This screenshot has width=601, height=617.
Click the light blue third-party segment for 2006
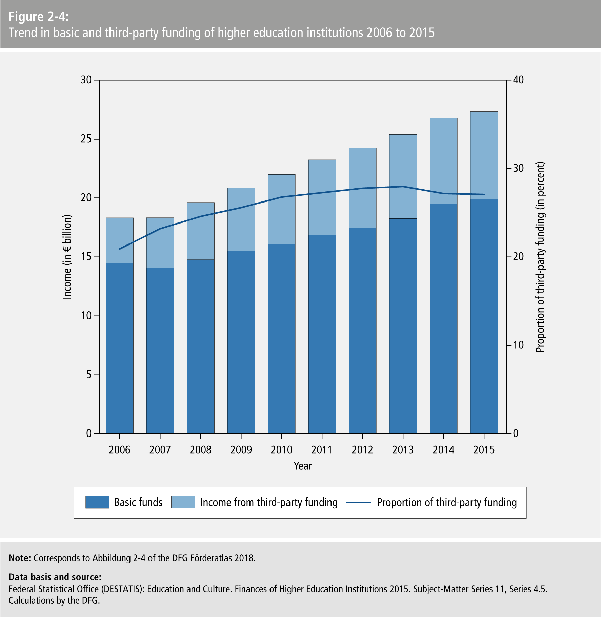(120, 240)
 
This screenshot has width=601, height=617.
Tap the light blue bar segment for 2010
(281, 209)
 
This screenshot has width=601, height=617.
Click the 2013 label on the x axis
(403, 450)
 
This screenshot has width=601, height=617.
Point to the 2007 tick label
(160, 450)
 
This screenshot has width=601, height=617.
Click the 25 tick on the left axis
(86, 139)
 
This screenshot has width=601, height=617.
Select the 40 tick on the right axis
(518, 80)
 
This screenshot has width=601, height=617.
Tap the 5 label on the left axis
(89, 375)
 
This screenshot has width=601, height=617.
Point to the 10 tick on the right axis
(518, 345)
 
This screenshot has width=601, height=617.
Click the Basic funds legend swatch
(97, 502)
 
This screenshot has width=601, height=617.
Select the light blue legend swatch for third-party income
(183, 502)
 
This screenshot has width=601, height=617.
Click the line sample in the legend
(358, 503)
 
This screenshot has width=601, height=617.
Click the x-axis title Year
(303, 466)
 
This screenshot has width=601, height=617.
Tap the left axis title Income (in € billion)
(67, 257)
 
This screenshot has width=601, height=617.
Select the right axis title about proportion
(540, 257)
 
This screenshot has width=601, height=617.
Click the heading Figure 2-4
(39, 17)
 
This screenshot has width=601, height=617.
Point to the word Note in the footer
(20, 558)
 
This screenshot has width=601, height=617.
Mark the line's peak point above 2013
(403, 186)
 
